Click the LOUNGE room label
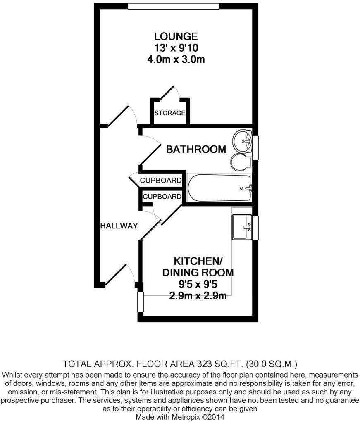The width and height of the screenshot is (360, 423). [176, 36]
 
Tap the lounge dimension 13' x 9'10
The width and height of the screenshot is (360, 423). [176, 48]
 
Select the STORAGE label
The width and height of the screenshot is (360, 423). [169, 113]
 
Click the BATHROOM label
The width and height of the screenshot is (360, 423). [196, 149]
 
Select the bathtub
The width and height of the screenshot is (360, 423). [219, 188]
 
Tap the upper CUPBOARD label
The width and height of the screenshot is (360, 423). [160, 181]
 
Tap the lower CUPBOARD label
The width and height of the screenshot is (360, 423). [162, 197]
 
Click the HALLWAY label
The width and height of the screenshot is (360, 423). [119, 226]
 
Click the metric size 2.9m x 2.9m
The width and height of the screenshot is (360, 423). [198, 295]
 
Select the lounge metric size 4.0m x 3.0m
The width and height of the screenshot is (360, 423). [176, 59]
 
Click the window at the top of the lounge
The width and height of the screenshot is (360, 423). [174, 6]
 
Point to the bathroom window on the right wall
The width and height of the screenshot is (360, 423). [255, 147]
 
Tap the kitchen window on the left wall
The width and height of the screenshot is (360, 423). [140, 304]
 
